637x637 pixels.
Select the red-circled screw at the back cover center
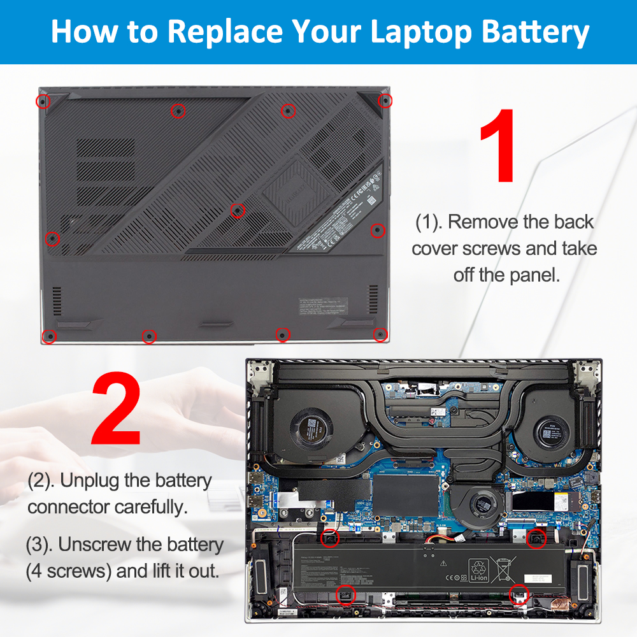[237, 210]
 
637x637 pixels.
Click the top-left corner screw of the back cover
[42, 101]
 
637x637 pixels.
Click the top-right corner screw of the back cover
[384, 101]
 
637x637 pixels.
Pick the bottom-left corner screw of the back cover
[48, 336]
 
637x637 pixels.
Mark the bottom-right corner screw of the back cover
[380, 334]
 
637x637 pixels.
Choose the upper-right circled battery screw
[536, 538]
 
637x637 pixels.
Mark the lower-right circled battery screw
[519, 594]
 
